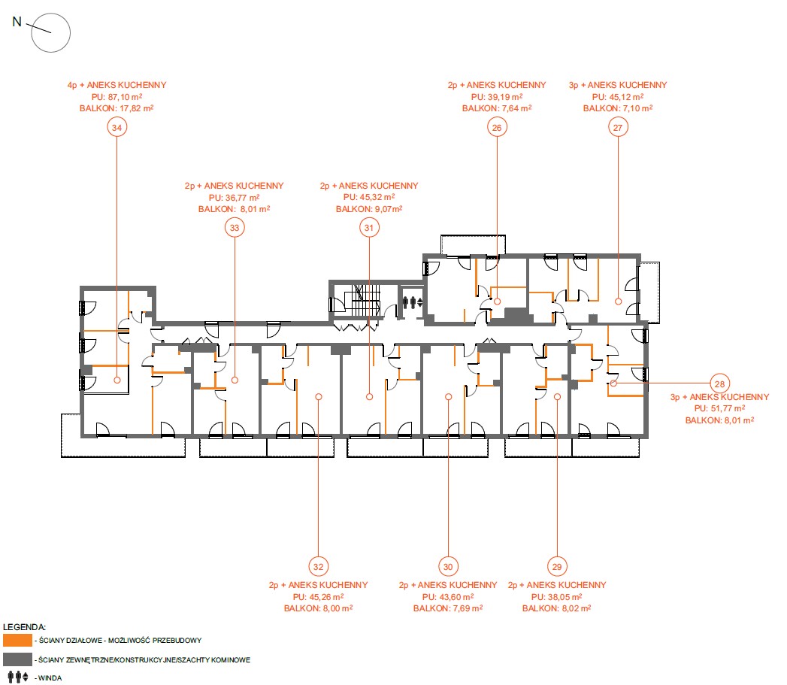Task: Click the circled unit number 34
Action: point(117,127)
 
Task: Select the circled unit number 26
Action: point(497,127)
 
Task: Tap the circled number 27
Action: point(618,127)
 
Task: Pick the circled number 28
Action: point(720,383)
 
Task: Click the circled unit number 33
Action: point(235,228)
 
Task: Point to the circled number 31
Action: point(369,228)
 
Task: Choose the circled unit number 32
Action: point(318,566)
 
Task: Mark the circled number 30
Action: point(448,566)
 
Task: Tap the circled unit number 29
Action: point(557,566)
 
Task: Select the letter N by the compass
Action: point(17,22)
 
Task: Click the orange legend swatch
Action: point(17,640)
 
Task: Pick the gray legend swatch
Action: point(17,659)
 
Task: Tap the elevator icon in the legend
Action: point(18,677)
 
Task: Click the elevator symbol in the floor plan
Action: point(413,302)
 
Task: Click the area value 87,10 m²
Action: point(123,97)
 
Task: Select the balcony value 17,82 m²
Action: point(136,108)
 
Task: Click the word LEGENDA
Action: point(24,627)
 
